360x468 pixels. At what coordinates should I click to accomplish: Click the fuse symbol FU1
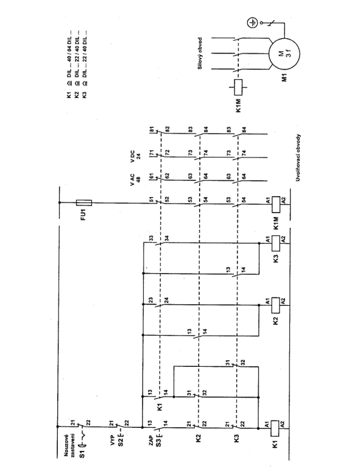click(84, 203)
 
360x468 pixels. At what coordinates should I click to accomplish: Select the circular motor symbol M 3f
click(284, 54)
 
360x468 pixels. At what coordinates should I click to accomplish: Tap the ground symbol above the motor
click(252, 23)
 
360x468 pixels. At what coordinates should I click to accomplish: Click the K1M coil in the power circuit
click(238, 87)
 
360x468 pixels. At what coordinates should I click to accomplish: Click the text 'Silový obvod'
click(200, 53)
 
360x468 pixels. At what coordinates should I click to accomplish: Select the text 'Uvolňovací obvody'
click(298, 158)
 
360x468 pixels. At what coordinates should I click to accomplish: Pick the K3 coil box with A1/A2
click(276, 243)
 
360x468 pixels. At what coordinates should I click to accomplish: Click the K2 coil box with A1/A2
click(275, 305)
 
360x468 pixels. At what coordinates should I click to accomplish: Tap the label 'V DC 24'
click(135, 156)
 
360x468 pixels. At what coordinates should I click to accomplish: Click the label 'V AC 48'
click(135, 180)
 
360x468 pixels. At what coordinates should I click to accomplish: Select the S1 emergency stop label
click(82, 453)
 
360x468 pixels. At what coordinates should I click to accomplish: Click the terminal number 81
click(152, 130)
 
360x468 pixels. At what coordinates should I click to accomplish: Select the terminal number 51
click(152, 199)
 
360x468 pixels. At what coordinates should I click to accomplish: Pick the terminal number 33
click(151, 238)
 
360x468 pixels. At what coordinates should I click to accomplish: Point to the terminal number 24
click(167, 300)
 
